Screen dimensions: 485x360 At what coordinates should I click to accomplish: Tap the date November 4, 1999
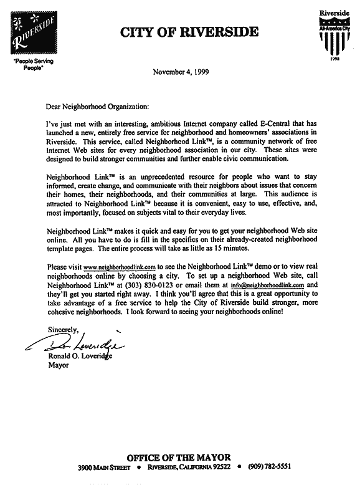[x=181, y=72]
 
